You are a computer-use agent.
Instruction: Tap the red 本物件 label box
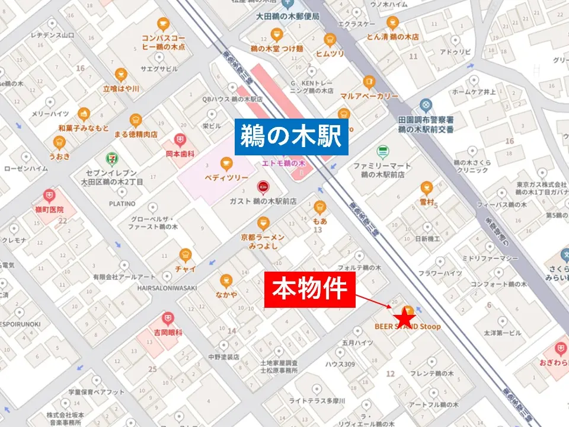click(x=309, y=289)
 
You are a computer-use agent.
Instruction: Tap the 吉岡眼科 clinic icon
click(x=168, y=318)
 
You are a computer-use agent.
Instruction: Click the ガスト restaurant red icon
click(x=261, y=189)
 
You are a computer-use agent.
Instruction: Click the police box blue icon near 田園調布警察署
click(x=425, y=106)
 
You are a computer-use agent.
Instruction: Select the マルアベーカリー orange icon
click(x=369, y=82)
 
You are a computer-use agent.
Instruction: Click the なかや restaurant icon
click(x=225, y=280)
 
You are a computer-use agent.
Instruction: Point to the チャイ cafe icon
click(x=186, y=255)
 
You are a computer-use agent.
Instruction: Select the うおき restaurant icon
click(x=59, y=142)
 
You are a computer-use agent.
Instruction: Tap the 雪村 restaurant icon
click(x=427, y=189)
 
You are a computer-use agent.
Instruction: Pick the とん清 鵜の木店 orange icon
click(x=392, y=23)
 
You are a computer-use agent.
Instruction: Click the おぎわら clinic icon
click(x=559, y=349)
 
